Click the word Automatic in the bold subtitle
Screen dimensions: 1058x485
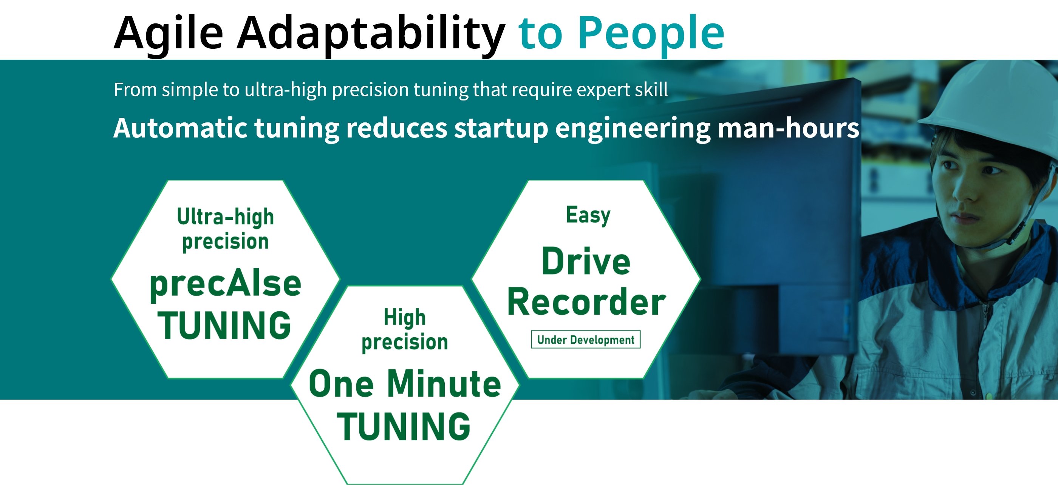click(x=180, y=128)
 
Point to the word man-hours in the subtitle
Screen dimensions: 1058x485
click(x=788, y=128)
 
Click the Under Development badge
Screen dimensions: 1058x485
click(x=586, y=339)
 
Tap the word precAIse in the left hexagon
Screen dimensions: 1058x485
click(x=225, y=284)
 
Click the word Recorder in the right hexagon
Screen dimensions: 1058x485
click(x=586, y=302)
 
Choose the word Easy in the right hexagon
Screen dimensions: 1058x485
click(x=588, y=215)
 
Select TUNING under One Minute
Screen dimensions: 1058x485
click(x=404, y=427)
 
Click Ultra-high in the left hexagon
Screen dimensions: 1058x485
click(x=226, y=217)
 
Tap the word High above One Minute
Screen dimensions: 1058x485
click(x=405, y=317)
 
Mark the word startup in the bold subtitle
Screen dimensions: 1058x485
click(x=501, y=128)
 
